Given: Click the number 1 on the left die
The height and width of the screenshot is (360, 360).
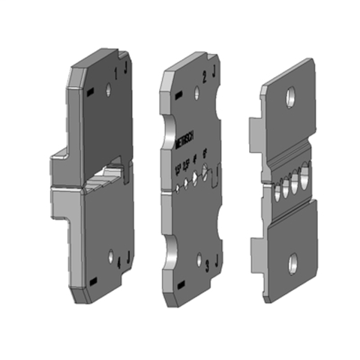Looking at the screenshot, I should [x=115, y=73].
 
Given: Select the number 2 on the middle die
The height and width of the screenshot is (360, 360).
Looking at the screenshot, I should [x=205, y=76].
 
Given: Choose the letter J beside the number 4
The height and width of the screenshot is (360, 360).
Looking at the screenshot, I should [x=128, y=259].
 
